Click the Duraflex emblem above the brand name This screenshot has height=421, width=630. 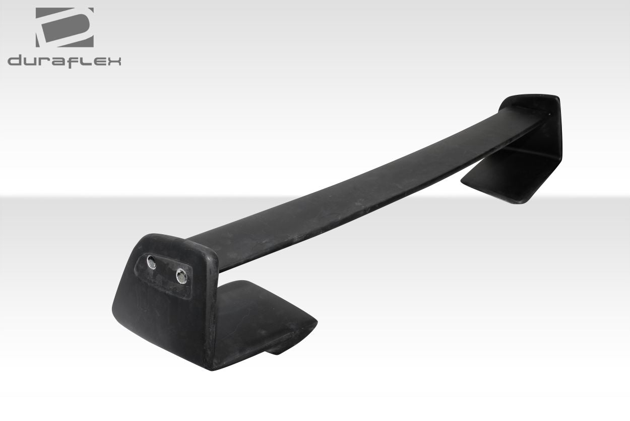(65, 27)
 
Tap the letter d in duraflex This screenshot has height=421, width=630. (15, 61)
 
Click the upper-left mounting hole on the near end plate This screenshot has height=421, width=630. (151, 262)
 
